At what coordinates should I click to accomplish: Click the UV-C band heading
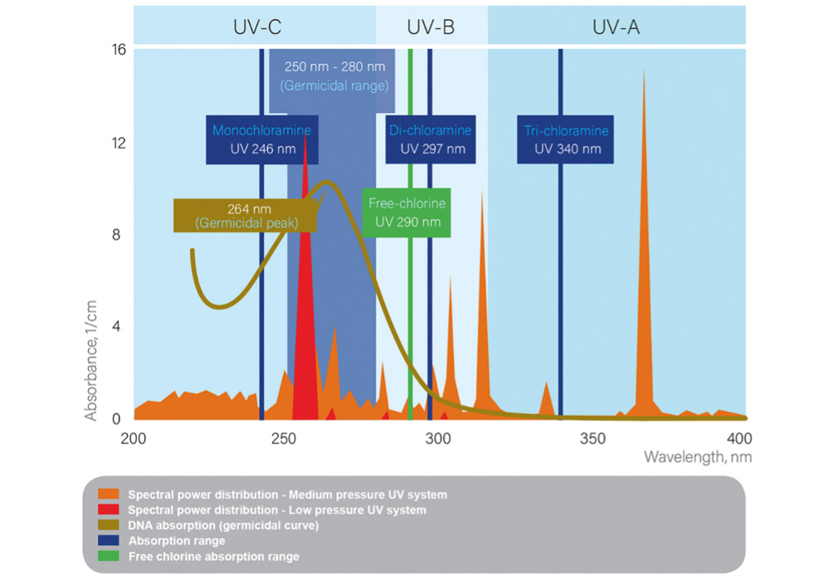(256, 27)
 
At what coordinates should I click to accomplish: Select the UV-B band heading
(430, 27)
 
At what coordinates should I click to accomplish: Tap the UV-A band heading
(616, 27)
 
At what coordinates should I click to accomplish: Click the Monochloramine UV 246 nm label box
(261, 139)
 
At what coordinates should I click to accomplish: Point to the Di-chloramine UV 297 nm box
(430, 139)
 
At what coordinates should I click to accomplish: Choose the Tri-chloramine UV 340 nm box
(567, 139)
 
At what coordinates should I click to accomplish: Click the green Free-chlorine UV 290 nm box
(406, 212)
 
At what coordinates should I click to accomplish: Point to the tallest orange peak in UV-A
(644, 70)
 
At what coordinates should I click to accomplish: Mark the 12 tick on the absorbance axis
(118, 142)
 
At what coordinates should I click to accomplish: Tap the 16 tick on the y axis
(118, 50)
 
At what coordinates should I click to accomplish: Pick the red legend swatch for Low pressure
(114, 510)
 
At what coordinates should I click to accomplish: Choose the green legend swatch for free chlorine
(114, 556)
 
